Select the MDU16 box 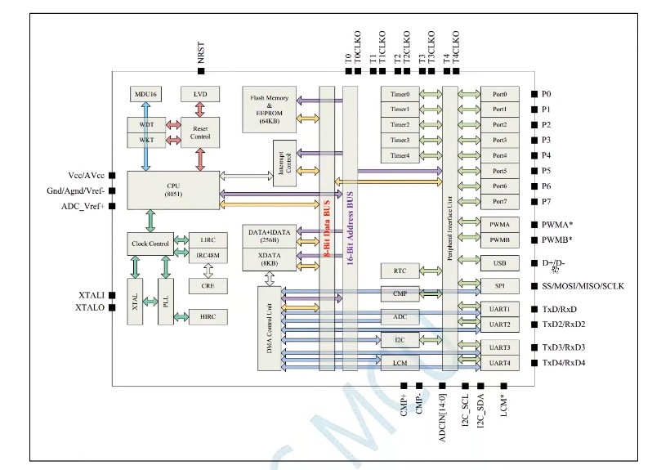pyautogui.click(x=146, y=95)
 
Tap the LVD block pyautogui.click(x=200, y=95)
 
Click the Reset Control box pyautogui.click(x=200, y=132)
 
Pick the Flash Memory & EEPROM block pyautogui.click(x=268, y=108)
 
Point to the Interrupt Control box pyautogui.click(x=284, y=163)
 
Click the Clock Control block pyautogui.click(x=150, y=244)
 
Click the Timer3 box pyautogui.click(x=400, y=141)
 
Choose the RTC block pyautogui.click(x=400, y=271)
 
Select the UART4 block pyautogui.click(x=499, y=363)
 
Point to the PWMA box pyautogui.click(x=499, y=223)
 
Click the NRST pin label pyautogui.click(x=202, y=53)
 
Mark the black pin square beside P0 pyautogui.click(x=534, y=94)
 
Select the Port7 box pyautogui.click(x=499, y=201)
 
